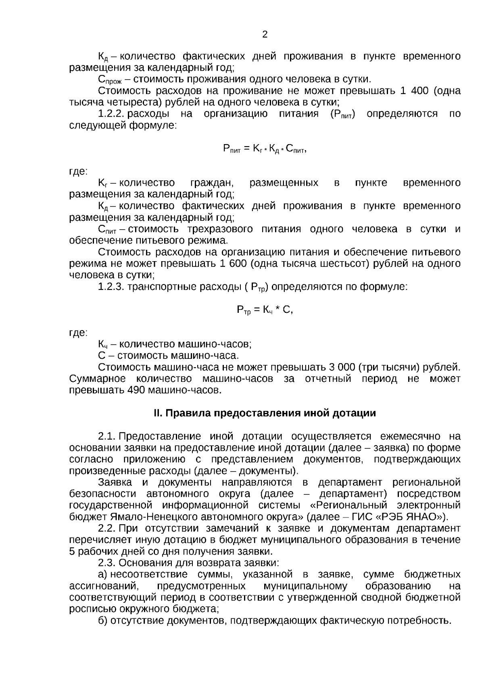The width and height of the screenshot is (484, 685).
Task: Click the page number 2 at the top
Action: click(265, 35)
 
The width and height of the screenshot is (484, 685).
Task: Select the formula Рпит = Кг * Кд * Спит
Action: click(265, 149)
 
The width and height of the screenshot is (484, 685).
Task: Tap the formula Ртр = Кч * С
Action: click(265, 310)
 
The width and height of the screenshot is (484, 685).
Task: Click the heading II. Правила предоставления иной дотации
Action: click(265, 413)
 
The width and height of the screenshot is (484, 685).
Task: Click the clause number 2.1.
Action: click(106, 436)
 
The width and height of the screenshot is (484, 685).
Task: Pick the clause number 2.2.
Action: click(106, 528)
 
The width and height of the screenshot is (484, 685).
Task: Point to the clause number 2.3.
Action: click(106, 563)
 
